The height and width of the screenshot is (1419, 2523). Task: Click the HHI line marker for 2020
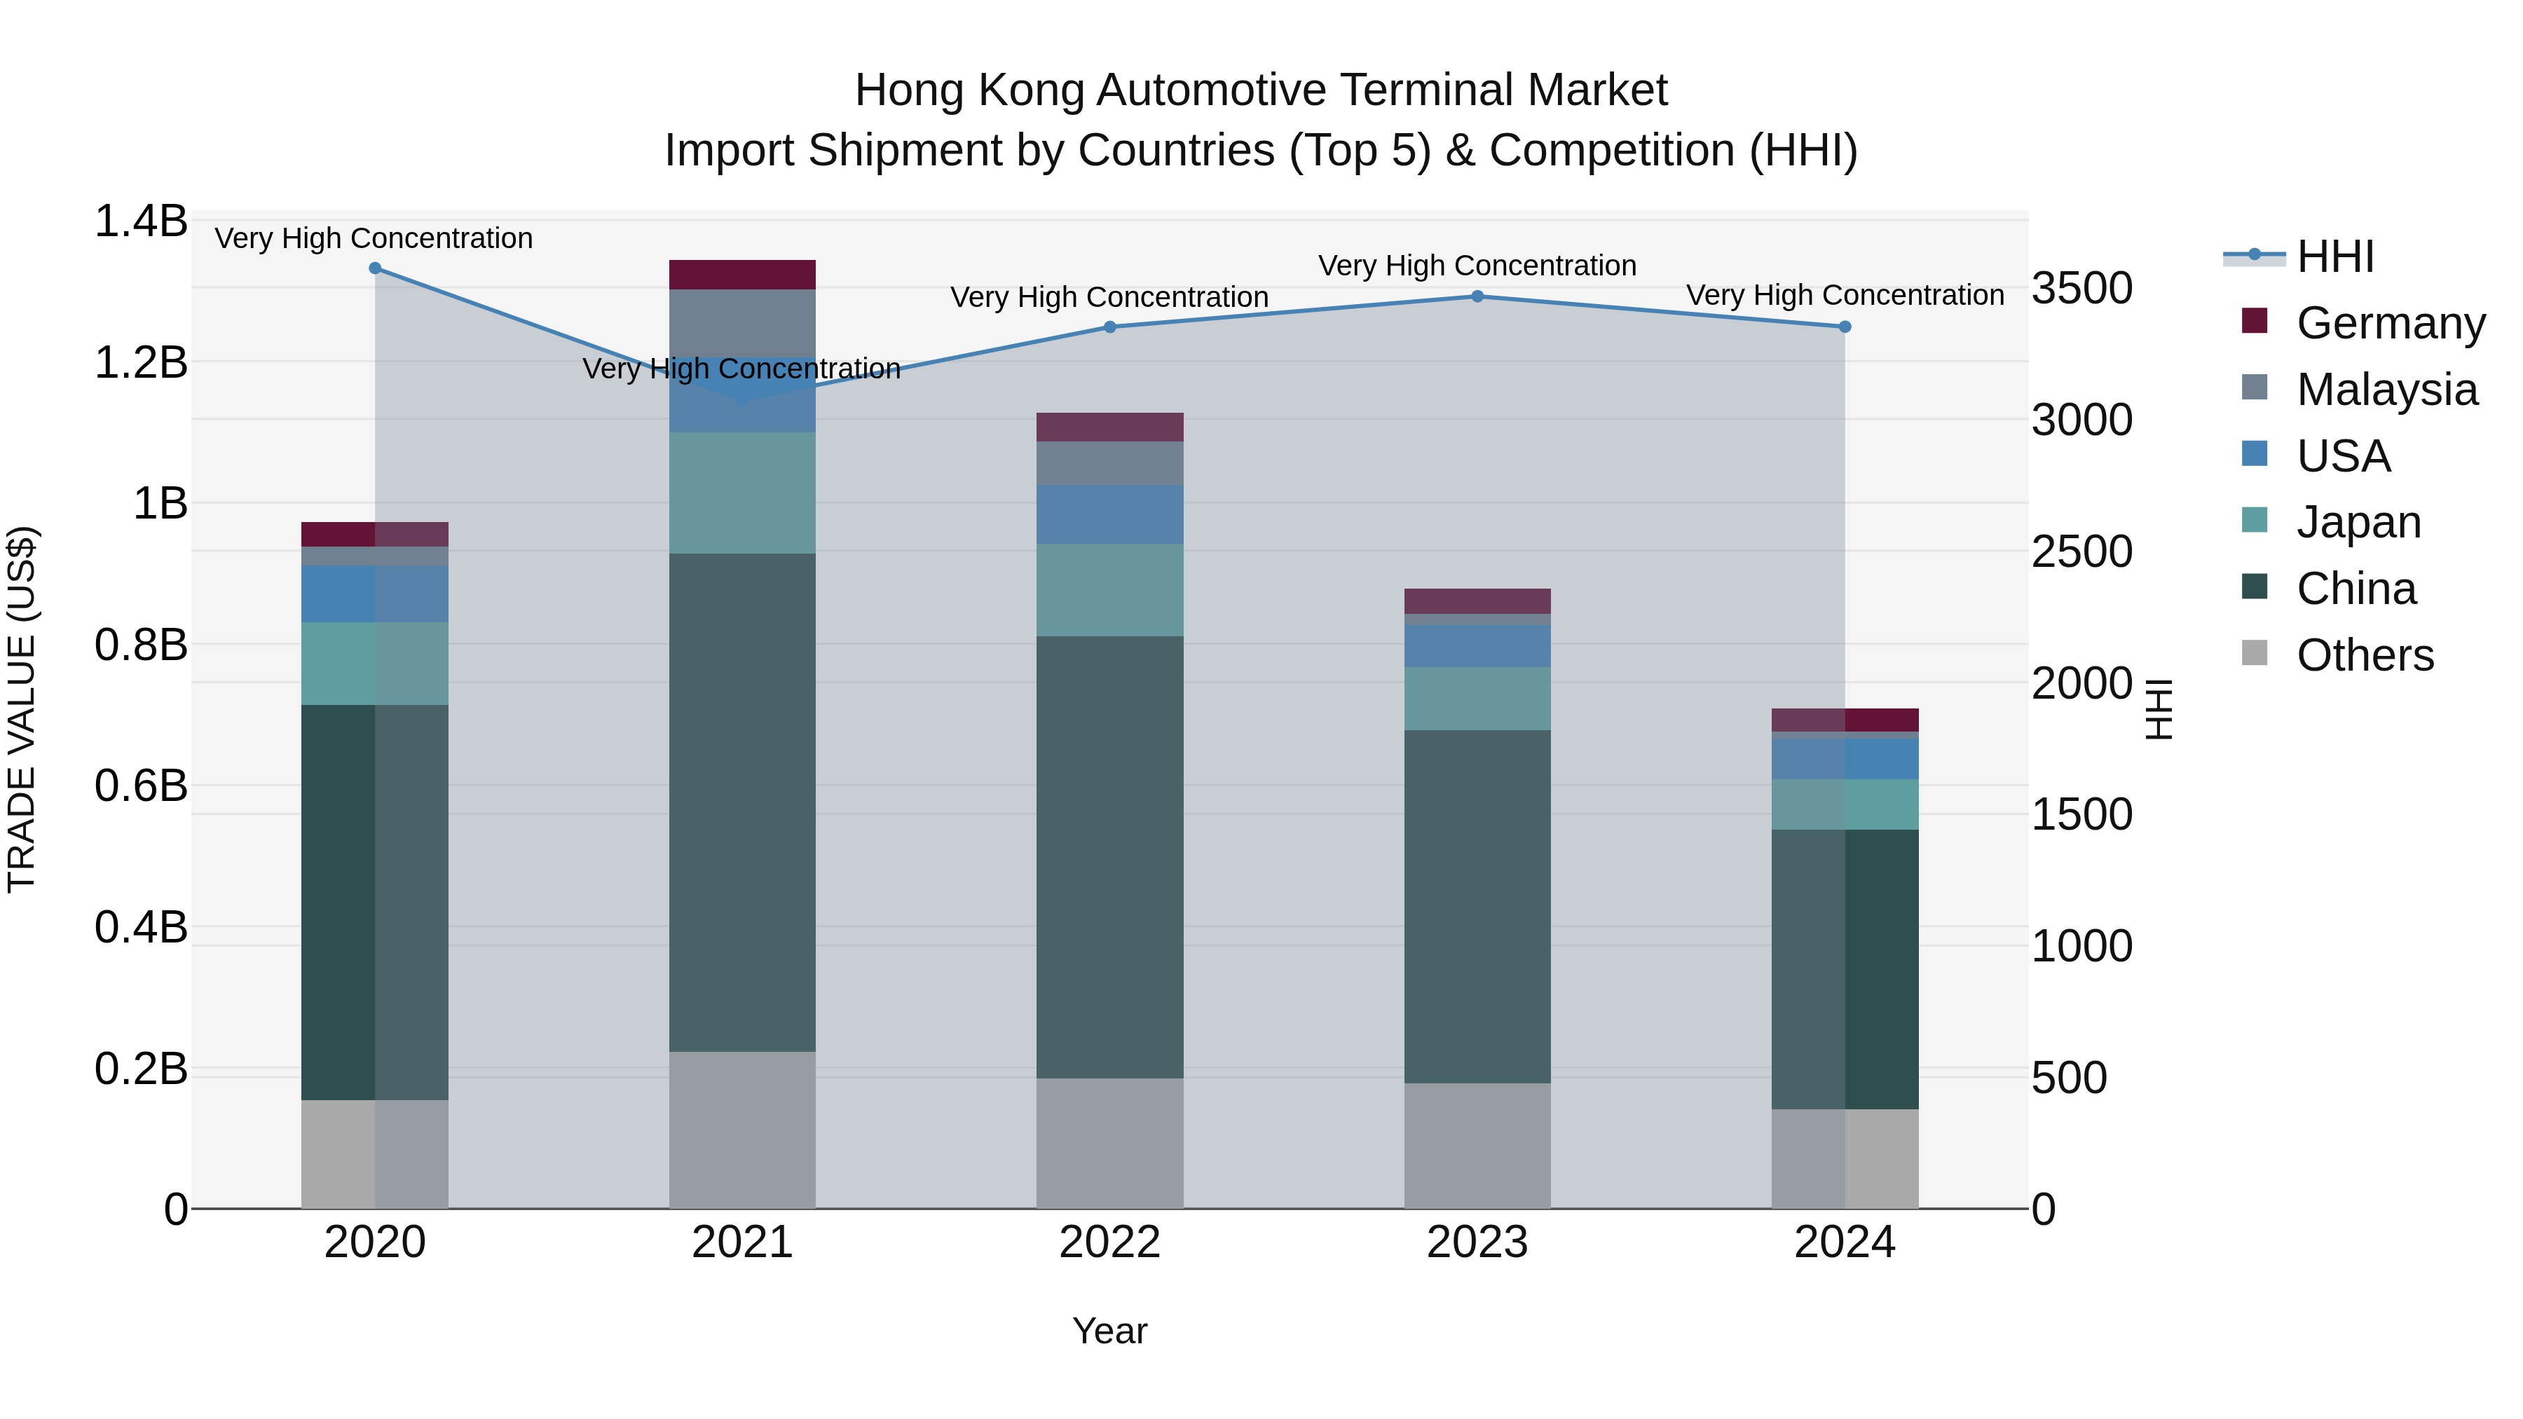click(375, 268)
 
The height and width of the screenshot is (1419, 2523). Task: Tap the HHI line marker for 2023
click(1477, 296)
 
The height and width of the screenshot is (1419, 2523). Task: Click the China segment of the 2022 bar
click(1109, 857)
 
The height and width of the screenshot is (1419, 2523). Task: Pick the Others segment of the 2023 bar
click(1477, 1145)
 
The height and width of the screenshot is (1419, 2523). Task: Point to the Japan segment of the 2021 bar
click(741, 493)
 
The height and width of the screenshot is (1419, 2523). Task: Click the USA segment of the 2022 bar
click(1109, 514)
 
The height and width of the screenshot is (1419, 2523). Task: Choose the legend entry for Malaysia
click(2386, 389)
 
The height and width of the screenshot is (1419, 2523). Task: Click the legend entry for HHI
click(2335, 256)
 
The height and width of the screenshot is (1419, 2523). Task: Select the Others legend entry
click(2365, 655)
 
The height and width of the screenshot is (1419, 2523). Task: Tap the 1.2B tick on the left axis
click(141, 362)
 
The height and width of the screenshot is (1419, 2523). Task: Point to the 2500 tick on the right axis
click(2081, 551)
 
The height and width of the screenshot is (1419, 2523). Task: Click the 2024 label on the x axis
click(1845, 1242)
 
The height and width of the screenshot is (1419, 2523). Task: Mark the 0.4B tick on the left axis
click(141, 926)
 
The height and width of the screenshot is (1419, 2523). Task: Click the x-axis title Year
click(1109, 1331)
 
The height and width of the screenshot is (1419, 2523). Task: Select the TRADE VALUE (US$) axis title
click(22, 709)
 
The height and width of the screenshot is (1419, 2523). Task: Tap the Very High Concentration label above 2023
click(1477, 266)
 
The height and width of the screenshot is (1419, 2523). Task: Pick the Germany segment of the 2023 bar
click(1477, 601)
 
